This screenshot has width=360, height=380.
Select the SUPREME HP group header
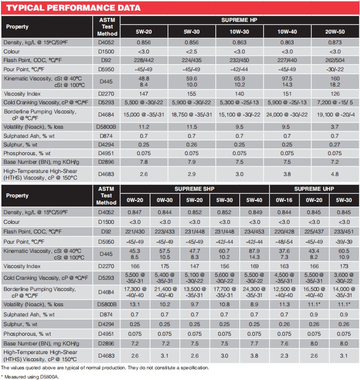(x=239, y=21)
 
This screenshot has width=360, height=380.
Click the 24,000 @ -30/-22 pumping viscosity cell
(x=286, y=115)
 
